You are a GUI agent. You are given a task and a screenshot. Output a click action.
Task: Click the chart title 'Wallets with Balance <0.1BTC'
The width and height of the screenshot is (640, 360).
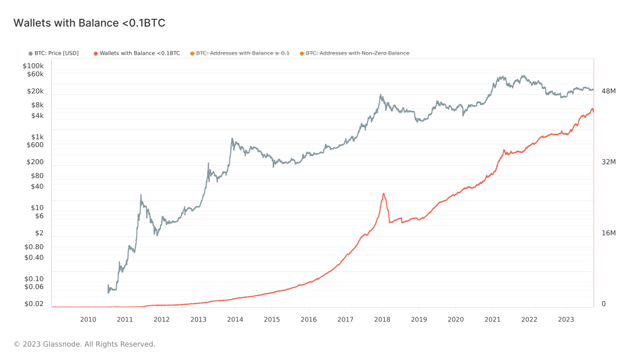[x=89, y=23]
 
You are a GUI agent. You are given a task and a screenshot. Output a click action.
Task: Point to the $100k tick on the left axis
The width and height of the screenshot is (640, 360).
[x=33, y=66]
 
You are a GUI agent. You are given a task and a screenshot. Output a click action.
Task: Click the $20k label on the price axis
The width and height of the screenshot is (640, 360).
[x=35, y=91]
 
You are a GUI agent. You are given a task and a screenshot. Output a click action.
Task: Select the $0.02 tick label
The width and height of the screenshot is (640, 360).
[x=34, y=304]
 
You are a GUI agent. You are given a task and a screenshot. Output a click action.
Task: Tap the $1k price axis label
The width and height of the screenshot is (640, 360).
[x=37, y=137]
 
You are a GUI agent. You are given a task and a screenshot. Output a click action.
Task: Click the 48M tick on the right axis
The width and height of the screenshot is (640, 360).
[x=608, y=91]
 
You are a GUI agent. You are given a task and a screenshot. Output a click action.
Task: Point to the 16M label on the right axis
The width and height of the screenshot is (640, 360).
[x=608, y=233]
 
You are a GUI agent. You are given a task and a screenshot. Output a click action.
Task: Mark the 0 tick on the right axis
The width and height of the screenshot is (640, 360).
[x=604, y=304]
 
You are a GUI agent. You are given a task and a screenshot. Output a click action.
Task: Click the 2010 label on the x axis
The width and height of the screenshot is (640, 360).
[x=88, y=319]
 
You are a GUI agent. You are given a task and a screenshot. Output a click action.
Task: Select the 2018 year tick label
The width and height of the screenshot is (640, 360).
[x=382, y=319]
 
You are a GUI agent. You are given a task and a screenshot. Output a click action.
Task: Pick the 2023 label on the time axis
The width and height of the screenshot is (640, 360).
[x=566, y=319]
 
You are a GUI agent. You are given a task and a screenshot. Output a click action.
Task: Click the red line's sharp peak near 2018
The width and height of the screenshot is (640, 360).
[x=384, y=194]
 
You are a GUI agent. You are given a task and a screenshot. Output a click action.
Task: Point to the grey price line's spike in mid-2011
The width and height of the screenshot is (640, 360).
[x=141, y=195]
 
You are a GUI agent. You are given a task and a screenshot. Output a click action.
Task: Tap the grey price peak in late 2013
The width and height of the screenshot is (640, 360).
[x=232, y=139]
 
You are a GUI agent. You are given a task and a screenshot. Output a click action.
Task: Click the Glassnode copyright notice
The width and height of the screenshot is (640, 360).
[x=84, y=344]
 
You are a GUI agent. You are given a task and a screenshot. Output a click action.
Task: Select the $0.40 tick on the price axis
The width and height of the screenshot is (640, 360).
[x=34, y=258]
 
